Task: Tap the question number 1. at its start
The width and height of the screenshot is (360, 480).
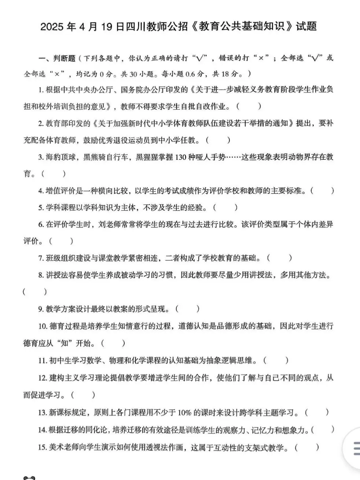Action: coord(41,90)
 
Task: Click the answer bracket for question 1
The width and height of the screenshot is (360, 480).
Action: coord(249,107)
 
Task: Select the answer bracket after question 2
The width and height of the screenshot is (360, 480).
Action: coord(218,140)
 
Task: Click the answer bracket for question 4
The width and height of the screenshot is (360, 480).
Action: coord(322,191)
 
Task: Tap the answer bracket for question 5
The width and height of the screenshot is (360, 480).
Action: coord(225,207)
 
